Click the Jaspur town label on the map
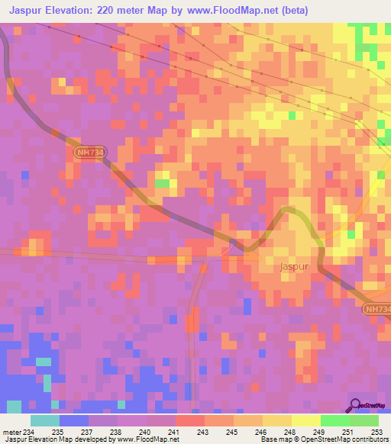click(294, 269)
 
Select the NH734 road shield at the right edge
click(377, 307)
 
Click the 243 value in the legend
click(203, 432)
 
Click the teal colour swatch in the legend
click(45, 420)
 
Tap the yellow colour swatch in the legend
click(305, 420)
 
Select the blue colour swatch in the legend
click(74, 420)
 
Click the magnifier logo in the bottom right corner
click(356, 405)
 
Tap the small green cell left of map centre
click(162, 183)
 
